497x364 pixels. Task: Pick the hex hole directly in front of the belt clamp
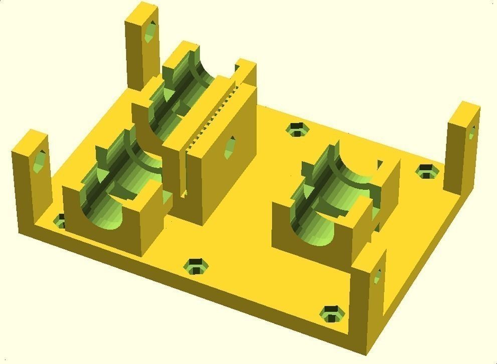(197, 266)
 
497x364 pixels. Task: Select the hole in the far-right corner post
(471, 133)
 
